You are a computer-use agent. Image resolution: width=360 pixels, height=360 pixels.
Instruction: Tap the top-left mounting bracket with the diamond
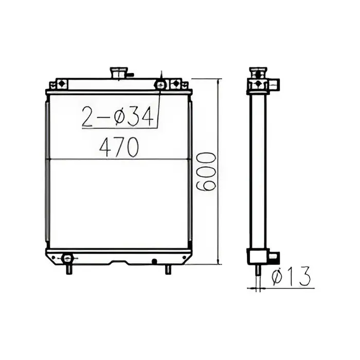pyautogui.click(x=61, y=83)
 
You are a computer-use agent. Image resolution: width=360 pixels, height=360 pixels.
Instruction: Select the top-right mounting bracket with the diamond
pyautogui.click(x=175, y=83)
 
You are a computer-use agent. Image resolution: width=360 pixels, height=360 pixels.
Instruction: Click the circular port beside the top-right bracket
pyautogui.click(x=161, y=84)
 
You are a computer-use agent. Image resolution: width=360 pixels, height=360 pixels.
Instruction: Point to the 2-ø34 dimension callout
pyautogui.click(x=118, y=118)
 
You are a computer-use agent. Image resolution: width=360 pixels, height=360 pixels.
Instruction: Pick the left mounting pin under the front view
pyautogui.click(x=68, y=269)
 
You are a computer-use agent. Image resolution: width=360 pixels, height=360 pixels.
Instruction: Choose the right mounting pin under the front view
pyautogui.click(x=168, y=269)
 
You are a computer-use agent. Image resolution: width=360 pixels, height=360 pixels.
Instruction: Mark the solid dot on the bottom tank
pyautogui.click(x=154, y=261)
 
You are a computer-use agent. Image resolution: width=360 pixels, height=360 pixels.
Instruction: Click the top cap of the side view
pyautogui.click(x=257, y=71)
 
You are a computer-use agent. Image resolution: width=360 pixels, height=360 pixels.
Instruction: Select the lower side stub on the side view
pyautogui.click(x=273, y=256)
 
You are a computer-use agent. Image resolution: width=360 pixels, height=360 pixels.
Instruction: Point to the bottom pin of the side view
pyautogui.click(x=257, y=269)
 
